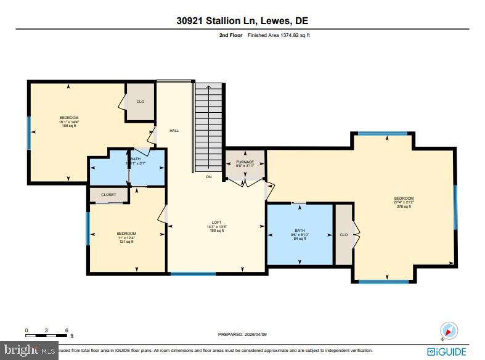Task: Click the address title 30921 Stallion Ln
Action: (x=242, y=21)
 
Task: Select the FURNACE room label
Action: (x=245, y=164)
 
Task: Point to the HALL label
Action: (x=174, y=130)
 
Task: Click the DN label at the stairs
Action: (x=209, y=178)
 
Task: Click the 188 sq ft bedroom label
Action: (x=69, y=121)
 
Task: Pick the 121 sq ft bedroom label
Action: (x=127, y=237)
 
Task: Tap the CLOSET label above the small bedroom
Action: (x=108, y=195)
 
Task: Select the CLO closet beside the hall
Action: (x=140, y=102)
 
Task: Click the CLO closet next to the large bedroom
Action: (x=343, y=234)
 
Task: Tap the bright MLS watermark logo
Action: (x=29, y=351)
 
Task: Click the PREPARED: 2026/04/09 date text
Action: (x=242, y=334)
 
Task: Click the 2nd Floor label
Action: (x=232, y=36)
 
